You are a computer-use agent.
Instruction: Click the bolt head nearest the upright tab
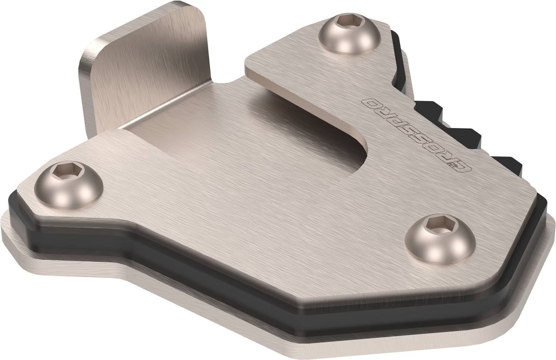click(349, 34)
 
